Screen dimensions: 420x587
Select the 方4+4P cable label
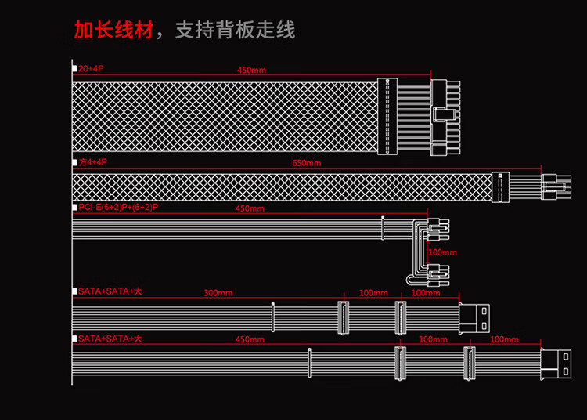(93, 162)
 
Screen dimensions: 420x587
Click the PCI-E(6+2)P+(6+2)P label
(118, 207)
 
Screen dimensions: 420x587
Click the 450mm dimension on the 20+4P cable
(250, 71)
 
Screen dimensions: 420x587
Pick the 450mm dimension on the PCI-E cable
(250, 209)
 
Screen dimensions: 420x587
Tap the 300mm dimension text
(218, 293)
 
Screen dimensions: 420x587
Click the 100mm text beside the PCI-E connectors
(442, 252)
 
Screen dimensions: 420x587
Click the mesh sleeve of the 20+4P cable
(223, 116)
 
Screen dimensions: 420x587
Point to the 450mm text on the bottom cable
(250, 339)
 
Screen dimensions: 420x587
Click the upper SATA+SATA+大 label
(110, 291)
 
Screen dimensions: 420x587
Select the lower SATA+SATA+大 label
(110, 339)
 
